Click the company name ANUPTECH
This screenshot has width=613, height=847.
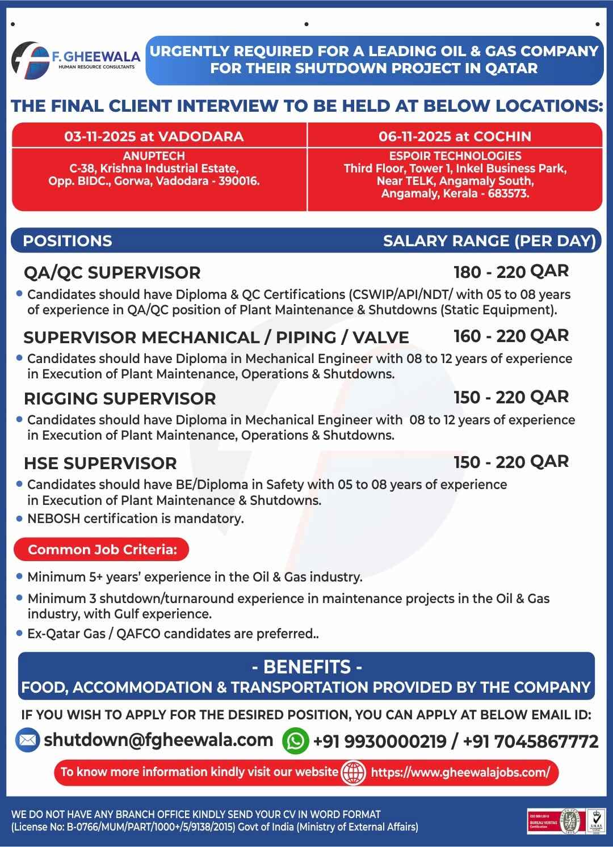(154, 156)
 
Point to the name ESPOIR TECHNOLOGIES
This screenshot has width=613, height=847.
(455, 156)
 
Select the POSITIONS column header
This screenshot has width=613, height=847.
(68, 241)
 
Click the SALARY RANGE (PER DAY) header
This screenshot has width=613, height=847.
(489, 241)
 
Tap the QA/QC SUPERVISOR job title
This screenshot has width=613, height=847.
(112, 273)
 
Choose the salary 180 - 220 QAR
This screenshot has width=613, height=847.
(511, 272)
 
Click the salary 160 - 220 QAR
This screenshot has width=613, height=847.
(511, 336)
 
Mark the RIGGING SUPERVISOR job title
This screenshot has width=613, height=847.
(120, 399)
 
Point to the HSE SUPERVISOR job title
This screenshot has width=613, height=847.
(100, 463)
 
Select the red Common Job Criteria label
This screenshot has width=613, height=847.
(102, 550)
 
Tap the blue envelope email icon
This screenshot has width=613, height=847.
(27, 740)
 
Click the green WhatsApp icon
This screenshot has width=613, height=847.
(295, 741)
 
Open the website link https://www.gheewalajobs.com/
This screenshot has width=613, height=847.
(460, 773)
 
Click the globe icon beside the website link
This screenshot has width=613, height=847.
(353, 773)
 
